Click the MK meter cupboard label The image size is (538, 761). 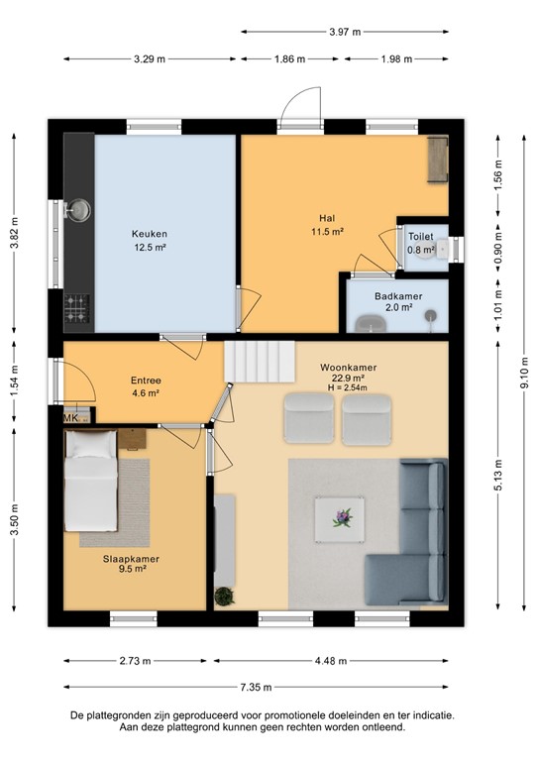(70, 418)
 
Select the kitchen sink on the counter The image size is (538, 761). (78, 210)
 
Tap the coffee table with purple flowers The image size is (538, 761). (342, 516)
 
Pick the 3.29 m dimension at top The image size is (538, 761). (150, 58)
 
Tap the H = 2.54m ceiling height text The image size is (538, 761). (348, 387)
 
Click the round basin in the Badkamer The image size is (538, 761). (430, 317)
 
